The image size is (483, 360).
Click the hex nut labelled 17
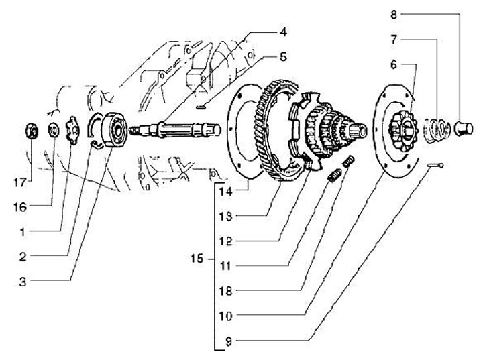[32, 131]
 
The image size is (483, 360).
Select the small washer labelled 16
[54, 129]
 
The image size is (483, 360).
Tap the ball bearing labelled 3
[115, 130]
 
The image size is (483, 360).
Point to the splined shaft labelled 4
[175, 129]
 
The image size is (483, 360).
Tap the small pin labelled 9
[435, 166]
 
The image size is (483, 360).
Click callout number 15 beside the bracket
[197, 258]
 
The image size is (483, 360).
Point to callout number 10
[226, 316]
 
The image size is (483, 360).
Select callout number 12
[226, 241]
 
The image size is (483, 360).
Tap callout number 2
[23, 257]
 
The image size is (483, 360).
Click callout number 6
[394, 65]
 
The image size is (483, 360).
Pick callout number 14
[226, 191]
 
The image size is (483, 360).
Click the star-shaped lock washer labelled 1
[72, 130]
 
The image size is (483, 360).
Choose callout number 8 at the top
[394, 15]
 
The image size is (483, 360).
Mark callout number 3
[23, 282]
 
